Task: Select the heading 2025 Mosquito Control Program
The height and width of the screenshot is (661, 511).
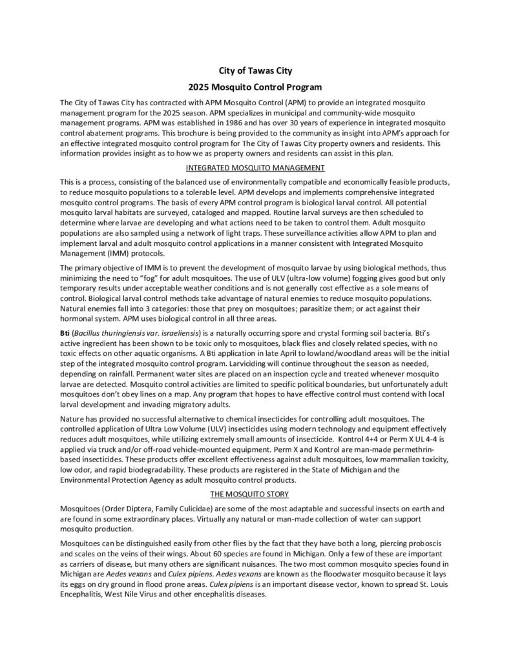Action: [255, 86]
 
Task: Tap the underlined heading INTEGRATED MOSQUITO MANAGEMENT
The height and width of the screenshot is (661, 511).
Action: [255, 168]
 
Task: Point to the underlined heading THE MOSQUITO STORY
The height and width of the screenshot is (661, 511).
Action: [255, 494]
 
